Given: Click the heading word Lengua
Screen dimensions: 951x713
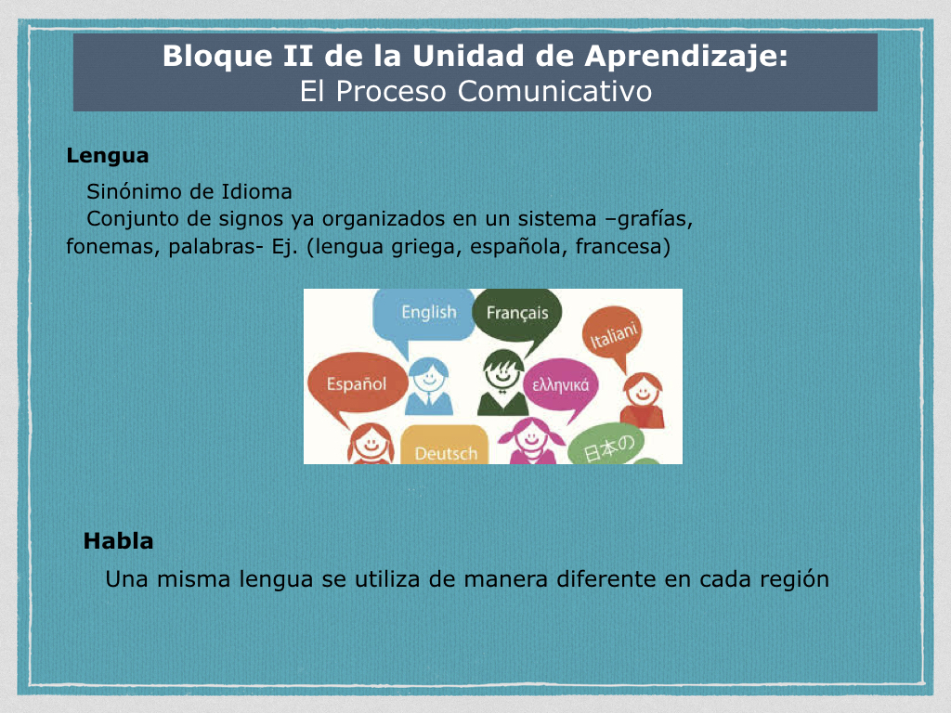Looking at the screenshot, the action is tap(108, 156).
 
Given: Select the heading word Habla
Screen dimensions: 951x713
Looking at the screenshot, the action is tap(118, 541).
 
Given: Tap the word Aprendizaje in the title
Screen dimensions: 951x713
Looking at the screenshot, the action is tap(686, 57).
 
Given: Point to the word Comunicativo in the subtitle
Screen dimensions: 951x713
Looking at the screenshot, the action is tap(554, 92).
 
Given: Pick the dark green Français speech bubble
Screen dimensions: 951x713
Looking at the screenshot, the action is tap(516, 318).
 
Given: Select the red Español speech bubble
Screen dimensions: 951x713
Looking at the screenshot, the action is tap(357, 386).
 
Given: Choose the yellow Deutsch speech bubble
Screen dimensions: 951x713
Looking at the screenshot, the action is tap(445, 446).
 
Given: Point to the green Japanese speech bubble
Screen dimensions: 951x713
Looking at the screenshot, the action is tap(606, 446).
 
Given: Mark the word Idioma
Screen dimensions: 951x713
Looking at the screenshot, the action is tap(256, 191).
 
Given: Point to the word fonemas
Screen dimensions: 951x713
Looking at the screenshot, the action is tap(112, 247).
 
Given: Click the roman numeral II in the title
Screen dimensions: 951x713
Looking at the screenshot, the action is tap(297, 57).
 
